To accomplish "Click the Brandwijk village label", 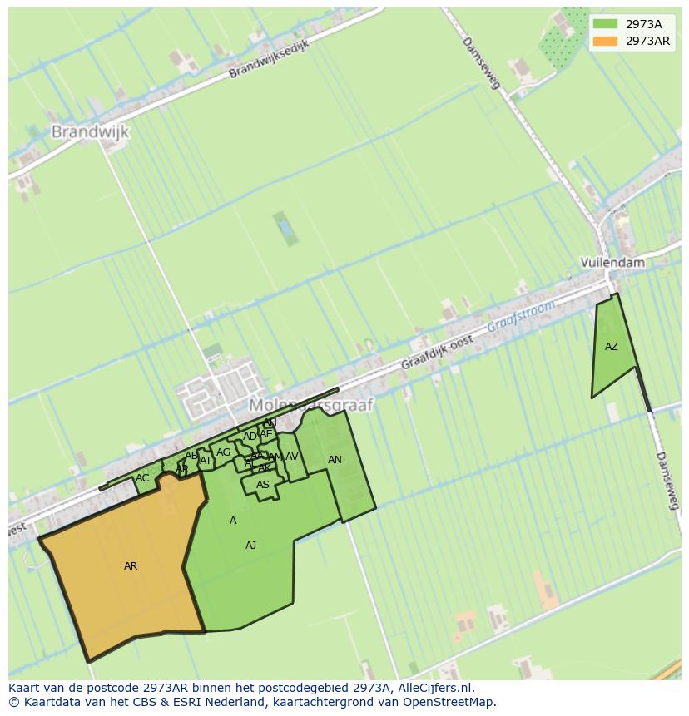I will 90,131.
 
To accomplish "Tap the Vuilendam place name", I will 612,262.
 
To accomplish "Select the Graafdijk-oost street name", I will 437,352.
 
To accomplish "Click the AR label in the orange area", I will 131,566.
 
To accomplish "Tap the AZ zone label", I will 612,347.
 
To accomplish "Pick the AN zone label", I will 335,460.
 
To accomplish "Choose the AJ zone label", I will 250,546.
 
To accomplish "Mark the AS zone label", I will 263,485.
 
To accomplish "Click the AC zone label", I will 142,478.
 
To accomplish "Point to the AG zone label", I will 223,452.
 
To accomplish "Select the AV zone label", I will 292,457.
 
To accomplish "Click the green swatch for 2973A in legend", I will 606,24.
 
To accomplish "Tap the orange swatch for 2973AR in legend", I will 606,41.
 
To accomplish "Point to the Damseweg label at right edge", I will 668,481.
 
